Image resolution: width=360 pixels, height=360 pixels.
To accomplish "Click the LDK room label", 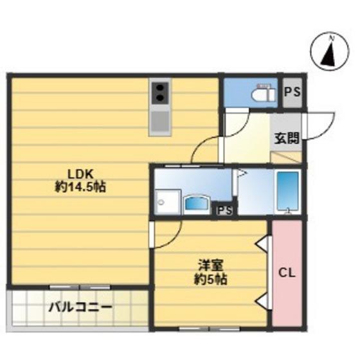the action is [x=80, y=174].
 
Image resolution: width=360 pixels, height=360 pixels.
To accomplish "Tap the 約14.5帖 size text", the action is [x=80, y=187].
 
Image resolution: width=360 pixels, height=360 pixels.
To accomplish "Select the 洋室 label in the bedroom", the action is [x=211, y=266].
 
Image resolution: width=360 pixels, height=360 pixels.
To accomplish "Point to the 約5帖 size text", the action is [x=211, y=280].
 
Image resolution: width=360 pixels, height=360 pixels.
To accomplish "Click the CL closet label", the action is [x=287, y=273].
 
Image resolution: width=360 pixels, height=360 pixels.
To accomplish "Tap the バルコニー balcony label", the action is [x=80, y=307].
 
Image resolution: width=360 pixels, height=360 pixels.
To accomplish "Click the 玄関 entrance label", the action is [x=287, y=138].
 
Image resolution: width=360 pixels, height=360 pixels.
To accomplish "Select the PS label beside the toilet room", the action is [x=292, y=93].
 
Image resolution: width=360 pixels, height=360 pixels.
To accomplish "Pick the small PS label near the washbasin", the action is [x=225, y=211].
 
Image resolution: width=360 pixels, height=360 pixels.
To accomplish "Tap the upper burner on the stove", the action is [x=160, y=87].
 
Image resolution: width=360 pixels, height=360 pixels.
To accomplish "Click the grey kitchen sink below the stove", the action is [x=160, y=122].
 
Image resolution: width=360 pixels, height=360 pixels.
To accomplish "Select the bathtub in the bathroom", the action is [x=288, y=192].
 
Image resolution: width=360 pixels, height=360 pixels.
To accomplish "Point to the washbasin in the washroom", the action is [x=197, y=203].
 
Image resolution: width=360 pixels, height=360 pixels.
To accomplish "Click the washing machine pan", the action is [x=167, y=203].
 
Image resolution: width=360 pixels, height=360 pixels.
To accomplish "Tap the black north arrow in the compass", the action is [x=328, y=55].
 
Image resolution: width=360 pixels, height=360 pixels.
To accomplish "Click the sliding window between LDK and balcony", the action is [x=80, y=287].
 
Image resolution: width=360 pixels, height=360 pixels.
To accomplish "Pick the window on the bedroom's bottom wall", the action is [x=210, y=329].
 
